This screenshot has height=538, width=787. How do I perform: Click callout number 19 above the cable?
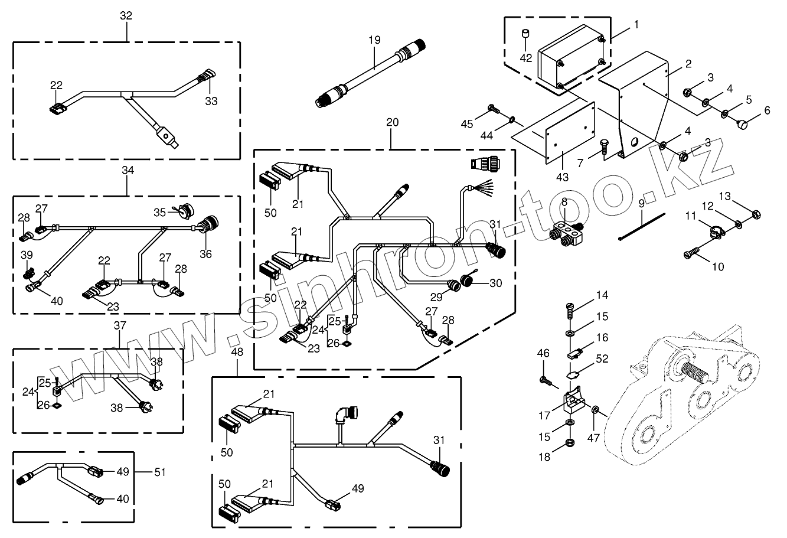tap(375, 40)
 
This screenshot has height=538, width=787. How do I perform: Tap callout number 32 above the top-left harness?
tap(126, 16)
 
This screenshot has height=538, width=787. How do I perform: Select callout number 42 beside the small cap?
tap(526, 58)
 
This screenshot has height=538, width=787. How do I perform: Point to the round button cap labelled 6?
tap(743, 125)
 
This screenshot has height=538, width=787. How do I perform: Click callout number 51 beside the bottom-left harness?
tap(159, 472)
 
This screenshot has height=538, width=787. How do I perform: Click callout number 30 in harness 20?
tap(495, 283)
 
